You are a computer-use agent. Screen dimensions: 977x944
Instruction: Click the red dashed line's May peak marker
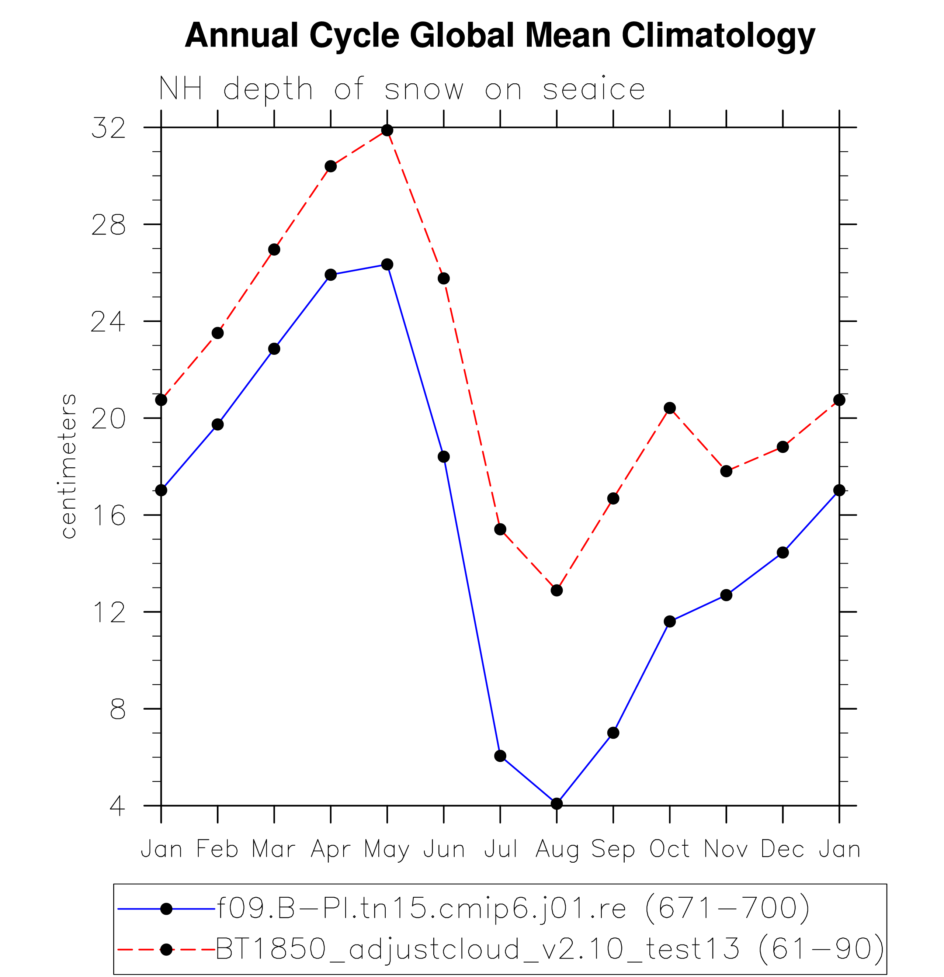click(x=387, y=131)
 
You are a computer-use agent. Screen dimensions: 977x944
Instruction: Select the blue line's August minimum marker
click(x=557, y=804)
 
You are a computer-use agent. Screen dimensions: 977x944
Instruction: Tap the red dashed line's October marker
click(x=670, y=408)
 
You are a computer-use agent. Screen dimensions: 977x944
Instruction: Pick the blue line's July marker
click(x=500, y=756)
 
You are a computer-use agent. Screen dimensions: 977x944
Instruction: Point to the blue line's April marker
click(x=331, y=275)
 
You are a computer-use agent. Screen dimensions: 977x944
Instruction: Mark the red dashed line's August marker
click(x=557, y=590)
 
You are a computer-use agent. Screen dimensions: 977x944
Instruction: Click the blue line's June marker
click(x=444, y=457)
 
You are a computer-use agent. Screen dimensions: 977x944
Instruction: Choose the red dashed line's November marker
click(x=726, y=471)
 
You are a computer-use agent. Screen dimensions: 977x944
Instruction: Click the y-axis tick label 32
click(x=108, y=128)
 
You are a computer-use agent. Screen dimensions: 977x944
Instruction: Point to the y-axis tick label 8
click(x=118, y=709)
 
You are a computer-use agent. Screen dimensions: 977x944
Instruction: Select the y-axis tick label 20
click(x=108, y=419)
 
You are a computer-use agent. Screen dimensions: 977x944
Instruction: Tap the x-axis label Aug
click(x=557, y=850)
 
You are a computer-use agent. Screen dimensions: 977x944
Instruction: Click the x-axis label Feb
click(x=217, y=849)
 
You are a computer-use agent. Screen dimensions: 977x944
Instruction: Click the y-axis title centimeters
click(x=69, y=467)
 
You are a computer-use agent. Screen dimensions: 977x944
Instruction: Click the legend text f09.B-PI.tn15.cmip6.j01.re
click(x=421, y=908)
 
